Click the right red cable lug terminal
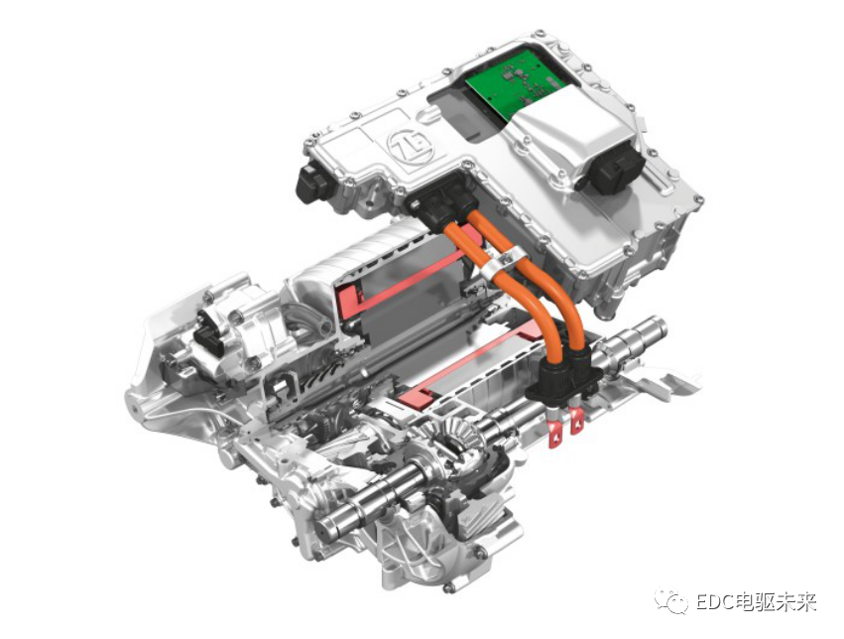coord(576,422)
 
